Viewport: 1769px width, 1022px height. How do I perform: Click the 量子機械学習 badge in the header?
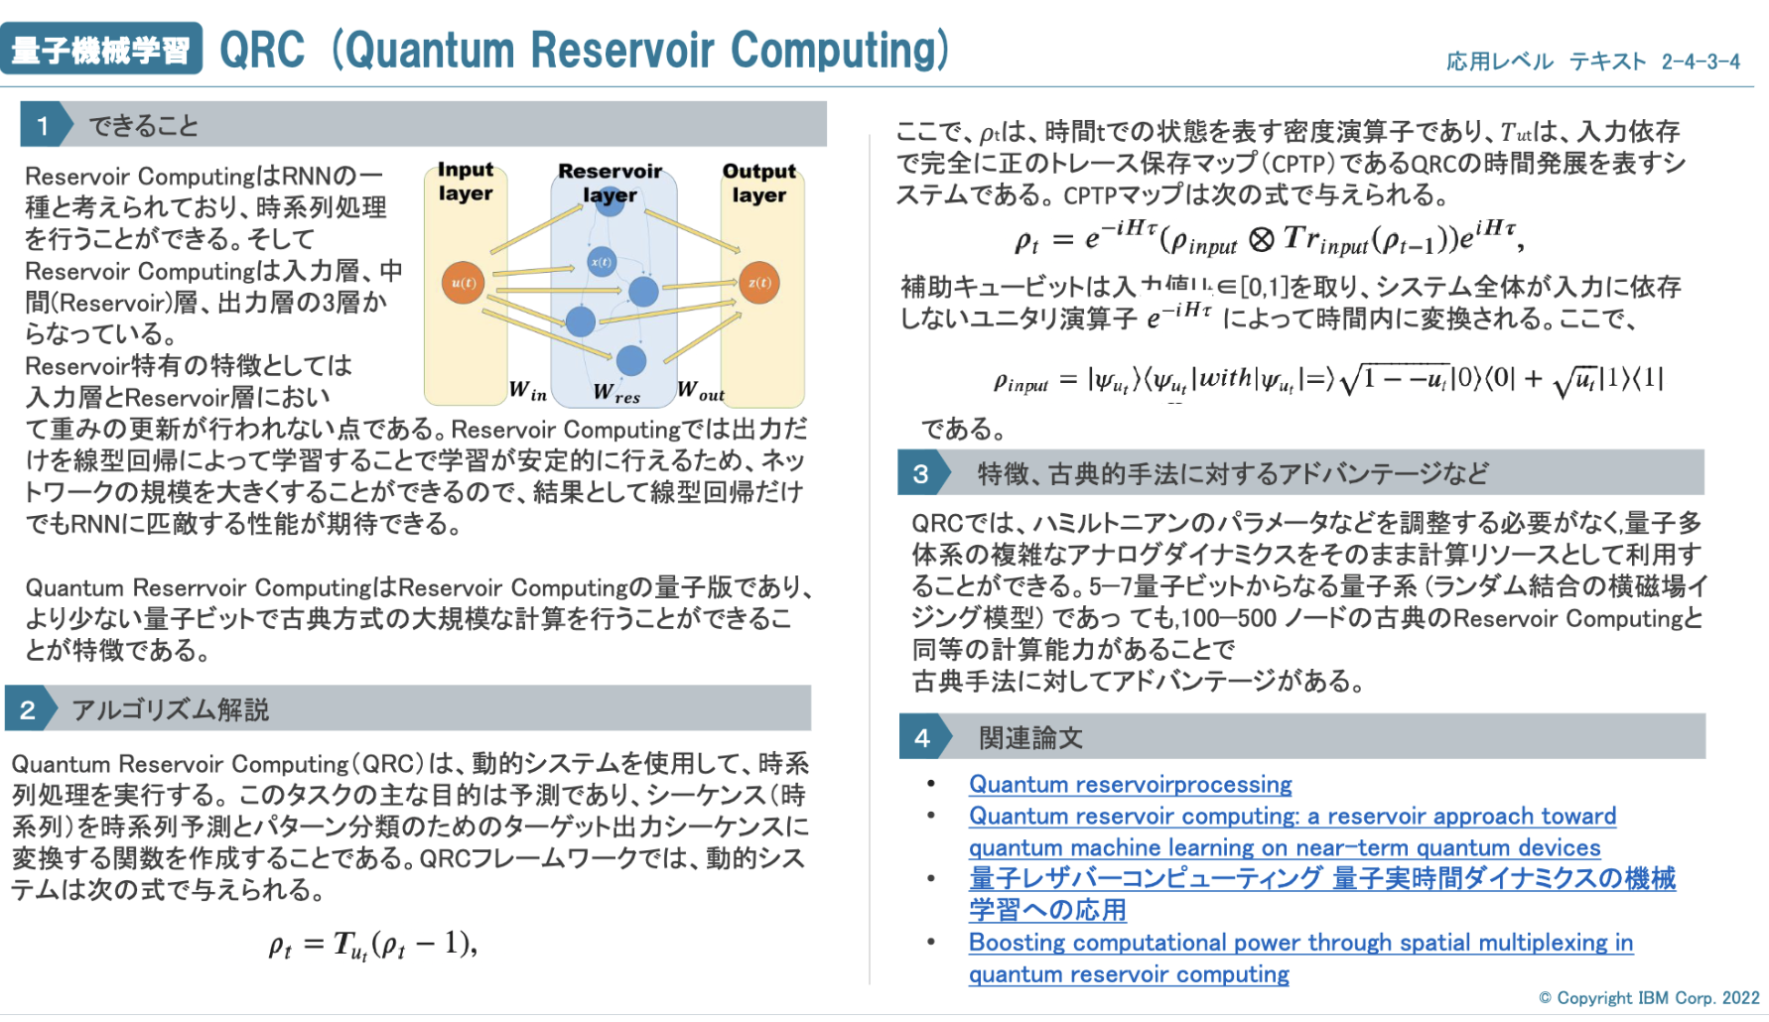click(101, 49)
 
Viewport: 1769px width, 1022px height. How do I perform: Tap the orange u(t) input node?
click(463, 283)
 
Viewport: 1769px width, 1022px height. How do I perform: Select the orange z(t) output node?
click(759, 283)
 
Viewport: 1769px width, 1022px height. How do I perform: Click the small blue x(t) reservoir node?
click(602, 262)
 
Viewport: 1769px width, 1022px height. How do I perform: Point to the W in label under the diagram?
click(528, 391)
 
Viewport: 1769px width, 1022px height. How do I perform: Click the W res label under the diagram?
click(616, 393)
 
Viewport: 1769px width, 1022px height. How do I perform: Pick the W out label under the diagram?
click(701, 391)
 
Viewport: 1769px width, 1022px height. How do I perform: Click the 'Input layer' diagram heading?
click(466, 182)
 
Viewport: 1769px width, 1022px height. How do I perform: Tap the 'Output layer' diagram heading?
click(759, 183)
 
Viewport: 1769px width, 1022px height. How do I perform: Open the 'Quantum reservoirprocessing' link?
click(1131, 785)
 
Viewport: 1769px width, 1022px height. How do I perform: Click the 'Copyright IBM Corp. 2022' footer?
click(1649, 998)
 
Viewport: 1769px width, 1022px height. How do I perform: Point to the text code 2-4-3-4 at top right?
click(1701, 62)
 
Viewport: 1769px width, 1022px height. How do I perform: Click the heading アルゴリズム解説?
click(171, 709)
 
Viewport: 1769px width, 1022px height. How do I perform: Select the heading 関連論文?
click(1030, 738)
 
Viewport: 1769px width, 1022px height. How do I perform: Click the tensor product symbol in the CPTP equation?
click(1261, 239)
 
